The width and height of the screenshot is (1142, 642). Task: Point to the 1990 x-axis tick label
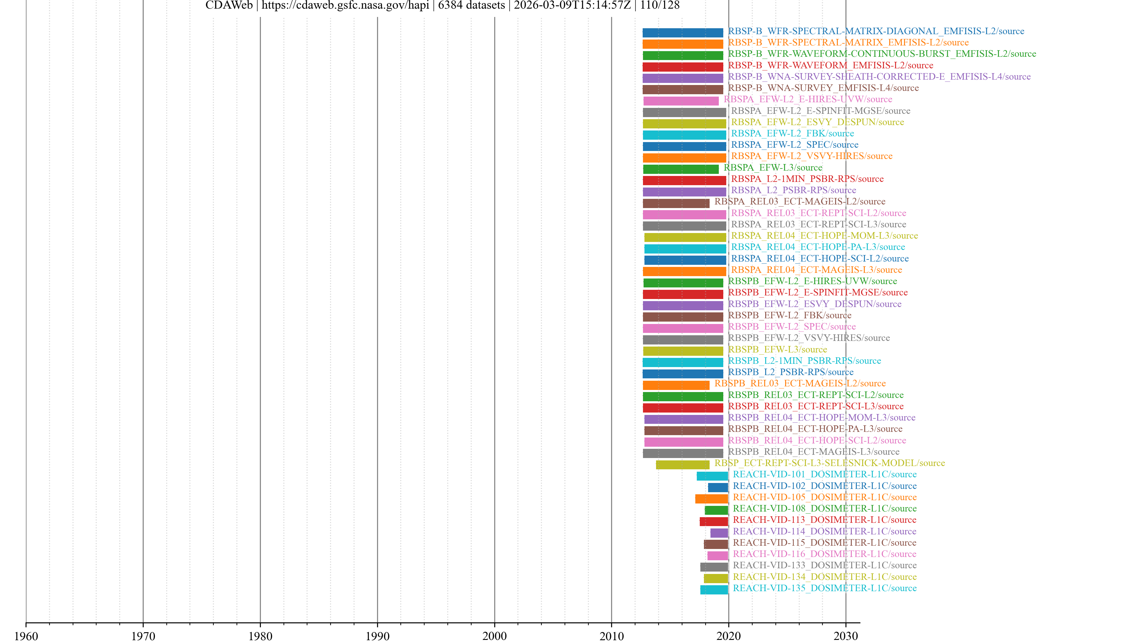(377, 636)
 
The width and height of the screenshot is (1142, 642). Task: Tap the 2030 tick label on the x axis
(845, 636)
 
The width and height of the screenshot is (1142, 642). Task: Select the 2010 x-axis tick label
(611, 636)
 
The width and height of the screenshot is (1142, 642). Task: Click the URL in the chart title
(345, 5)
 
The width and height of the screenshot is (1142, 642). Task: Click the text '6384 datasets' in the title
(471, 5)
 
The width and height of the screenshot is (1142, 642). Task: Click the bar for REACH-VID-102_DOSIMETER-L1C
(717, 487)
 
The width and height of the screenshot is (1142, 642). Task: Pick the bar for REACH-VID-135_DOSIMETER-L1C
(714, 590)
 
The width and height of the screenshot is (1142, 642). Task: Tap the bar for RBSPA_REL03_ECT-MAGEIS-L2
(676, 203)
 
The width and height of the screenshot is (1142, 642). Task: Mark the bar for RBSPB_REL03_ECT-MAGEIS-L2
(676, 385)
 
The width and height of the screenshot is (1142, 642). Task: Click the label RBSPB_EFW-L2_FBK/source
(789, 315)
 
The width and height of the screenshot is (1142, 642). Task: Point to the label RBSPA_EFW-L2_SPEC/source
(794, 145)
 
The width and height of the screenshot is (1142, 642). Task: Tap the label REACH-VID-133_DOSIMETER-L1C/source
(824, 565)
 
